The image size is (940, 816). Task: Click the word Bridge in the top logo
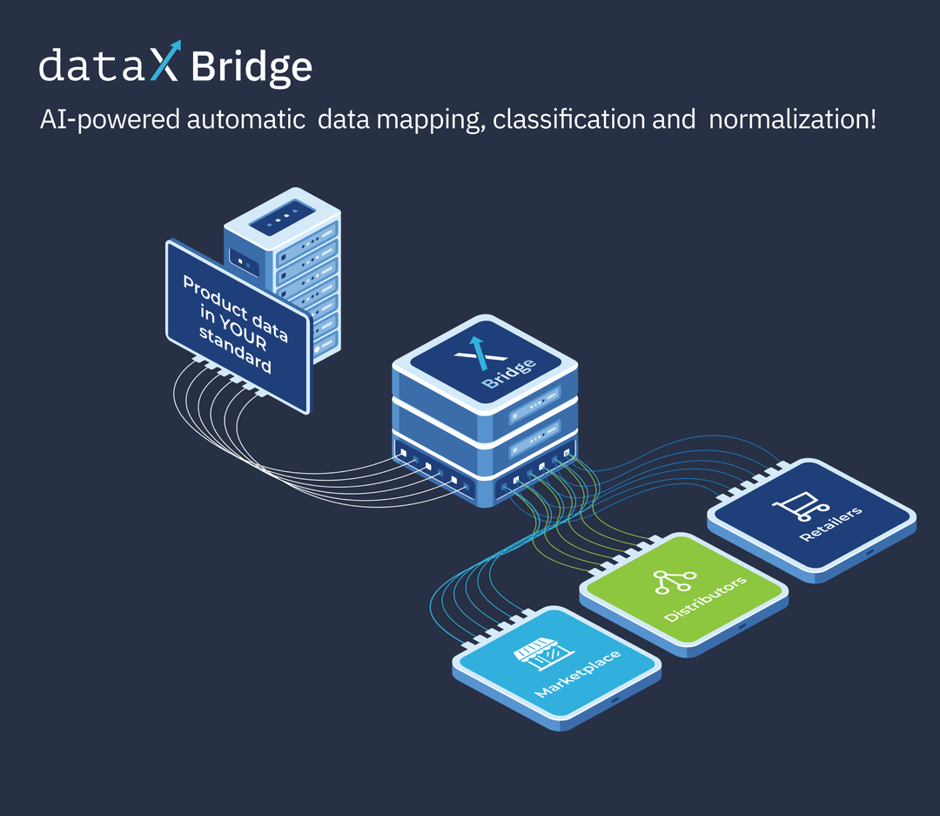251,66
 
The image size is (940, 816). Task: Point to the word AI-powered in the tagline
110,119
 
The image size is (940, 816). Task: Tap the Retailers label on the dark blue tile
830,523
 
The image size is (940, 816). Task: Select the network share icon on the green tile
670,580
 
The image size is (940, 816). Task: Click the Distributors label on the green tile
705,598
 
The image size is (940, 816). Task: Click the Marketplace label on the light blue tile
578,673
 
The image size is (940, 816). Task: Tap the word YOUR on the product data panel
240,333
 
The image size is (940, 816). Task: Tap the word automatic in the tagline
245,119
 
